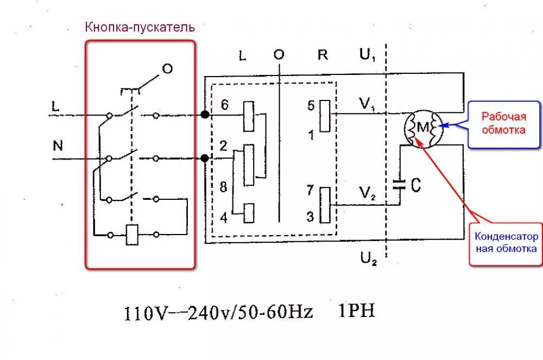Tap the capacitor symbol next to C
click(400, 184)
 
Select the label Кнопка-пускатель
click(139, 27)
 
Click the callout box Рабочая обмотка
click(504, 123)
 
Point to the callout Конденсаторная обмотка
click(506, 243)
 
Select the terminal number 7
click(310, 191)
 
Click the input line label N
click(58, 146)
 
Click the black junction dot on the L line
click(204, 115)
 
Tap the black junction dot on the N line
click(204, 159)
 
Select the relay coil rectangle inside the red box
click(132, 235)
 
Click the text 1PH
click(357, 311)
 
